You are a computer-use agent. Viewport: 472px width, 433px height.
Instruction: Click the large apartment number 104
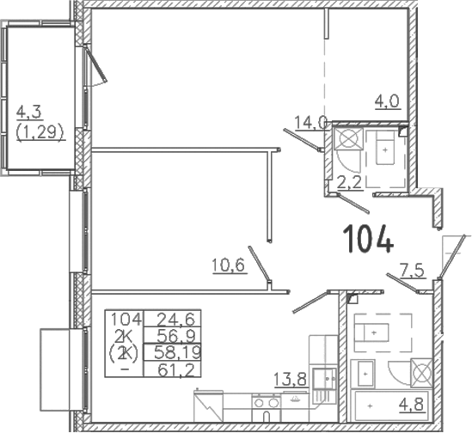coord(368,239)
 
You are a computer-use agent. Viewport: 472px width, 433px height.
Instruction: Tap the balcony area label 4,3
coord(29,113)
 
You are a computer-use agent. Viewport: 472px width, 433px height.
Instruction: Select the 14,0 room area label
coord(310,123)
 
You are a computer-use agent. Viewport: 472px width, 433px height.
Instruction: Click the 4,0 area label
coord(388,101)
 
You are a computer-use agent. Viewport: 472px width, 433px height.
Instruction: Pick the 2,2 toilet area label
coord(349,182)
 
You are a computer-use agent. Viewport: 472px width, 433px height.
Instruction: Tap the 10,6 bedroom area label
coord(230,265)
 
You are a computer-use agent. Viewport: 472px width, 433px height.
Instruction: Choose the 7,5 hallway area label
coord(413,270)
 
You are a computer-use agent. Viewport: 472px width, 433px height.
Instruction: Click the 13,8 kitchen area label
coord(291,379)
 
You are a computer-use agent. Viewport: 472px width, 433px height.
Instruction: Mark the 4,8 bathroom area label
coord(414,404)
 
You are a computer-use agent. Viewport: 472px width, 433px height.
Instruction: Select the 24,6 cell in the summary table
coord(173,319)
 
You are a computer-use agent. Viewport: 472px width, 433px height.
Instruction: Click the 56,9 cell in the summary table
coord(173,335)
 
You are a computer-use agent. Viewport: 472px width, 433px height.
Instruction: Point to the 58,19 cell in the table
coord(173,351)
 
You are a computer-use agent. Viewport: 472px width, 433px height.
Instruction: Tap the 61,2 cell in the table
coord(173,369)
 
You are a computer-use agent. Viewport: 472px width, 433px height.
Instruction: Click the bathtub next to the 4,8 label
coord(391,406)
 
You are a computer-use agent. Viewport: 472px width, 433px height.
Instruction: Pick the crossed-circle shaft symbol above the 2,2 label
coord(349,138)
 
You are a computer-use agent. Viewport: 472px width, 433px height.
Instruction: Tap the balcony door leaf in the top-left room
coord(96,64)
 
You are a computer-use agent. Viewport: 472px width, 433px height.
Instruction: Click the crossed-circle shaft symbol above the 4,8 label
coord(421,373)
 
